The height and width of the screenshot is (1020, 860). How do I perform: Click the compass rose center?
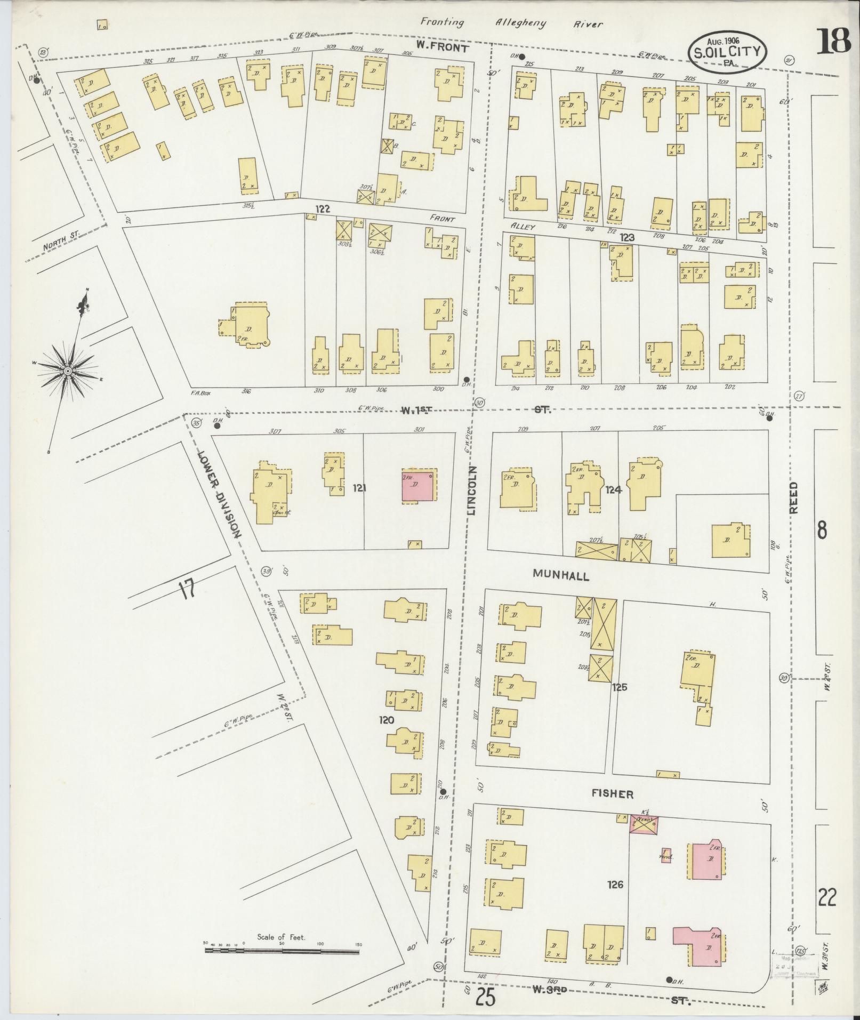coord(68,370)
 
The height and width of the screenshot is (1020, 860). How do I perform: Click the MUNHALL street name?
coord(560,575)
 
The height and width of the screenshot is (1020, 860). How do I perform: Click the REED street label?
coord(794,497)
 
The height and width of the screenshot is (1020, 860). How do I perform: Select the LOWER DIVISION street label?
coord(220,494)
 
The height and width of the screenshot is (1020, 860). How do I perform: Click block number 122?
coord(323,210)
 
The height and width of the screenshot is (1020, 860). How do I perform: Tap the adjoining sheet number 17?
coord(186,590)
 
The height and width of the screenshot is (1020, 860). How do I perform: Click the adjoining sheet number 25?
coord(485,995)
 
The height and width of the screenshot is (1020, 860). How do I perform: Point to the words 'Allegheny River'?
coord(549,23)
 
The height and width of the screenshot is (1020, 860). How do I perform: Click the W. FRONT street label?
coord(442,47)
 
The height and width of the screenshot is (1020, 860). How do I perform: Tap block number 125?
coord(620,687)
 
